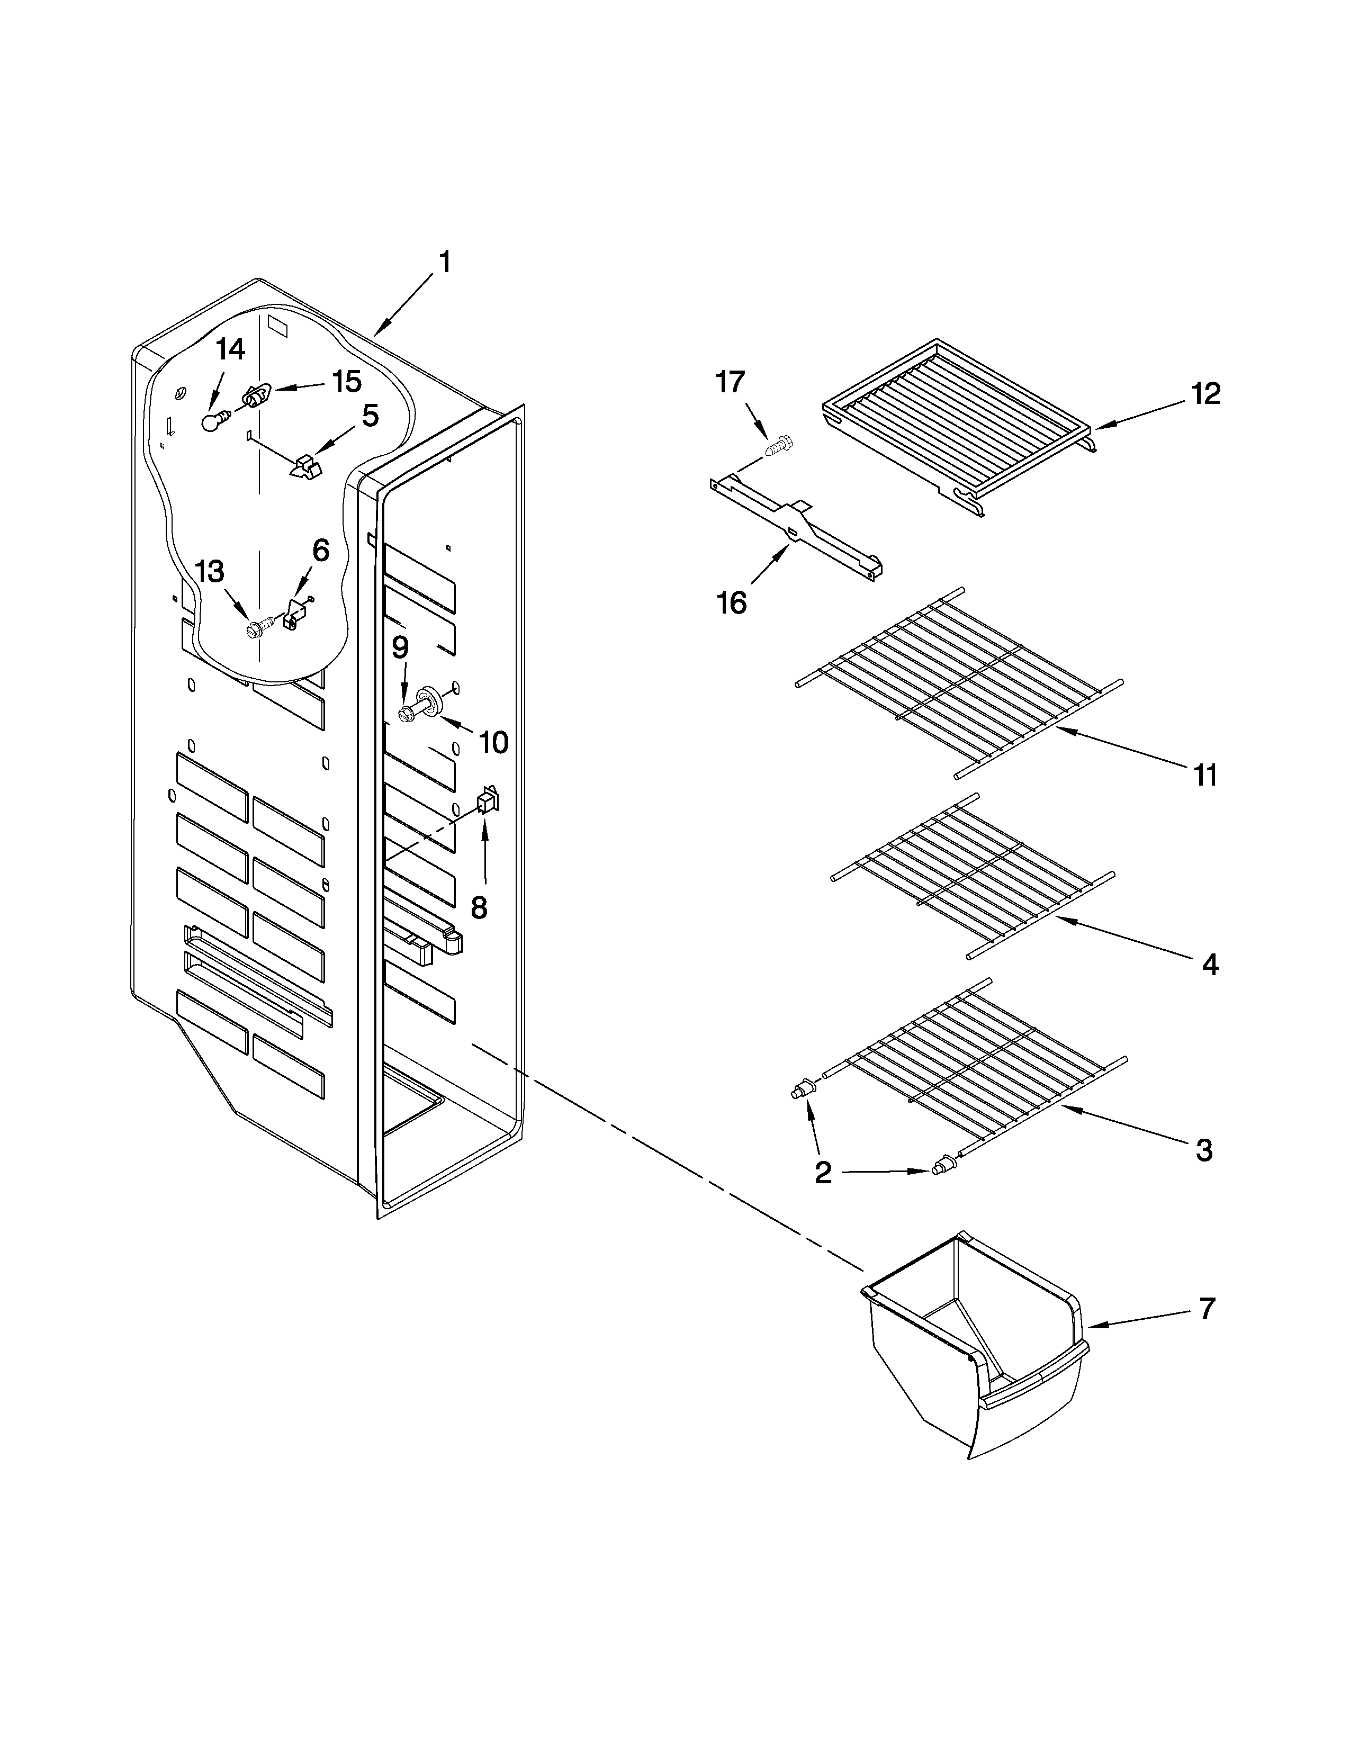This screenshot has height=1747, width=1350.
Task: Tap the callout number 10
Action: click(493, 742)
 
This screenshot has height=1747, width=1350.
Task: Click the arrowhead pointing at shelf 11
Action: click(1060, 729)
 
